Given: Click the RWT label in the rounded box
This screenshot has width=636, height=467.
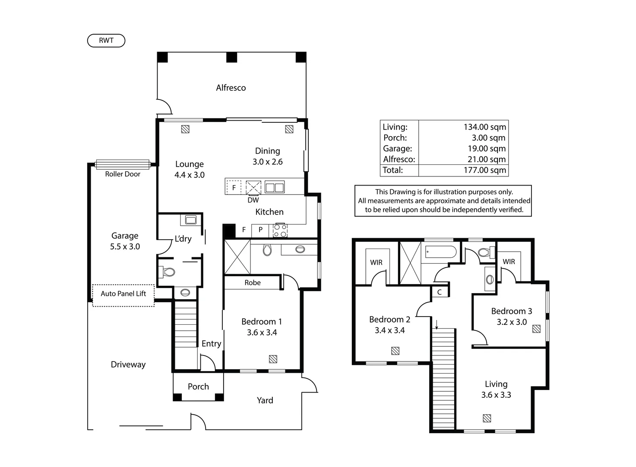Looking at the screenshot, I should [x=106, y=41].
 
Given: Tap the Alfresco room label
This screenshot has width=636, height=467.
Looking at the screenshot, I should [x=231, y=88].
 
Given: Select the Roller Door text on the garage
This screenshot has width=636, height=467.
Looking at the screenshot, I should [x=123, y=174].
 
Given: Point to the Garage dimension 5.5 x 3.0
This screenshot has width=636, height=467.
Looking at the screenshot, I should [x=125, y=246].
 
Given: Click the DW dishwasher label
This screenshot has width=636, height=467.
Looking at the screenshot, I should [x=253, y=200].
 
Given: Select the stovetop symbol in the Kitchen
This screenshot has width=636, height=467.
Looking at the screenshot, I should [x=280, y=230].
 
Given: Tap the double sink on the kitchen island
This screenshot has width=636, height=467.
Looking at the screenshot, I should [x=274, y=187].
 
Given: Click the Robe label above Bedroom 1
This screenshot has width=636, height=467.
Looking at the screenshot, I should [x=252, y=283].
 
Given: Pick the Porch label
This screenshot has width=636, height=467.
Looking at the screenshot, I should [x=198, y=387].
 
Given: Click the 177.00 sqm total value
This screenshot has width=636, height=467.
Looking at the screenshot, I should [x=484, y=170].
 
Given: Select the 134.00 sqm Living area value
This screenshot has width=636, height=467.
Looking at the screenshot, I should [x=484, y=127].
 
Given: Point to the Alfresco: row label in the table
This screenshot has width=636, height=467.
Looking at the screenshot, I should [x=399, y=159].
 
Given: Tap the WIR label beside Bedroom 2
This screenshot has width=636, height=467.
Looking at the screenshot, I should [x=376, y=262].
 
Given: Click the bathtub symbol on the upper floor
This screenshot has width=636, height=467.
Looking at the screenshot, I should [x=440, y=252].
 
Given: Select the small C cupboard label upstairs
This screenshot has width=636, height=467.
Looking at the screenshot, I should [x=439, y=292].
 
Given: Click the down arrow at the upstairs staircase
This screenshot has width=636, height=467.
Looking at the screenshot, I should [x=437, y=324].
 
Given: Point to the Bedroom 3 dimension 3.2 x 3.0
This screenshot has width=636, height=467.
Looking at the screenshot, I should [x=512, y=322].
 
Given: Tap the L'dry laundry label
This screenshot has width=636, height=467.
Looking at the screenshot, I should [x=183, y=239].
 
